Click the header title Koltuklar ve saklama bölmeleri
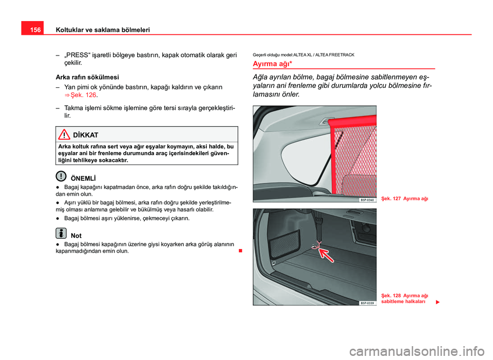click(102, 30)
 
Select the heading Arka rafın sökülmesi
click(87, 77)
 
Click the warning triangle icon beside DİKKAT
click(64, 134)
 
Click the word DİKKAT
click(86, 135)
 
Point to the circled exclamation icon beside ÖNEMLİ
click(61, 176)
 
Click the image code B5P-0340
click(367, 199)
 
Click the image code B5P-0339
click(367, 303)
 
